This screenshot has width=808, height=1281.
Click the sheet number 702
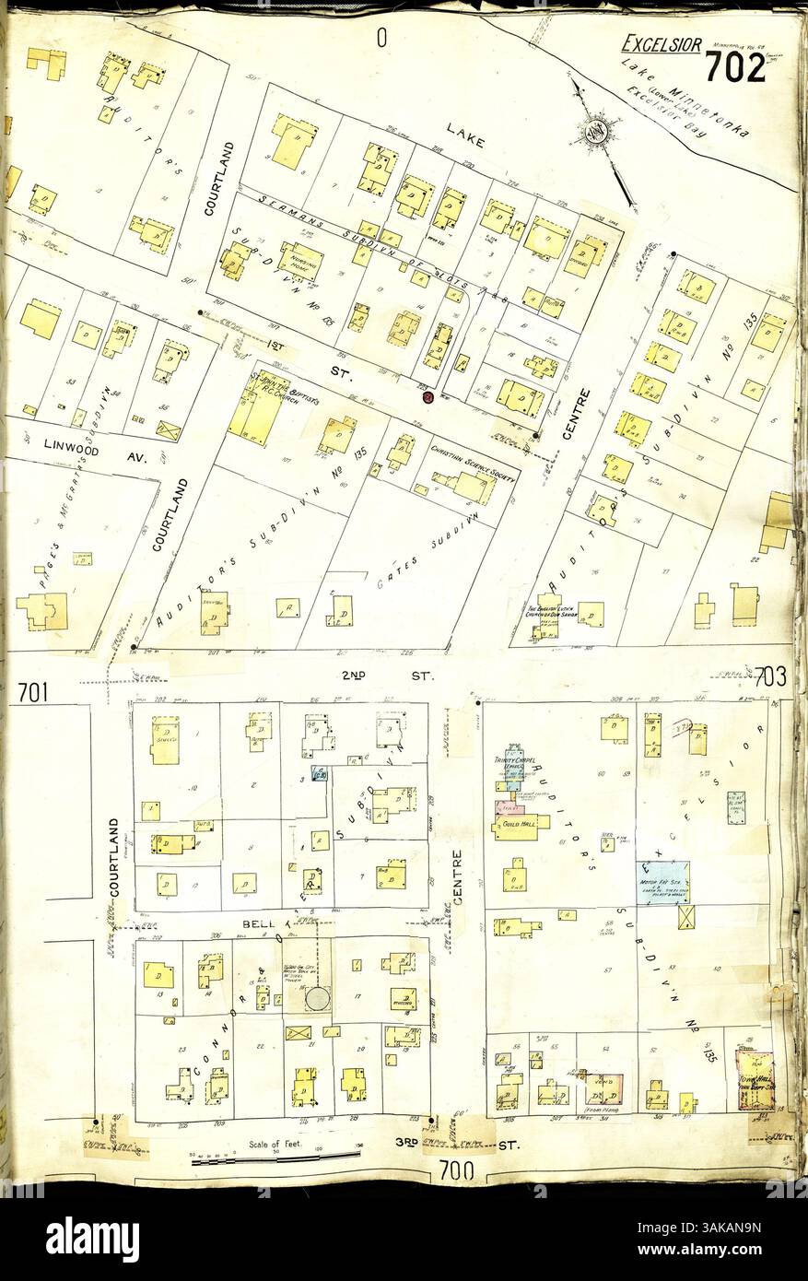[x=735, y=67]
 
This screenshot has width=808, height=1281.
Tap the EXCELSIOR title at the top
[x=662, y=43]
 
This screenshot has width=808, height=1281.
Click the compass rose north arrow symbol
[x=597, y=132]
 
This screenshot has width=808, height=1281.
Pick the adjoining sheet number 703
[x=769, y=677]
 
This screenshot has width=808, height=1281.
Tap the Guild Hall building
[x=522, y=820]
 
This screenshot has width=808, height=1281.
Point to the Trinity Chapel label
[x=509, y=762]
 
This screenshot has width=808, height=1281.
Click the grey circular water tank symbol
[x=318, y=998]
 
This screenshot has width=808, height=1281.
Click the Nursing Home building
[x=301, y=261]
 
